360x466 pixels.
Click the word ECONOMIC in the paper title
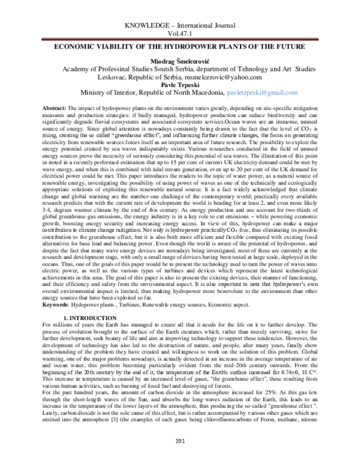click(76, 47)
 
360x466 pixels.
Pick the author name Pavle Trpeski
click(179, 85)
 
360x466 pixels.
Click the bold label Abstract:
click(56, 106)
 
